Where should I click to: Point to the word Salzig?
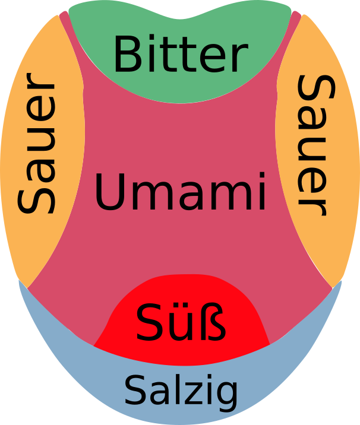(x=181, y=391)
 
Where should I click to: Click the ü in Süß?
(x=181, y=323)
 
